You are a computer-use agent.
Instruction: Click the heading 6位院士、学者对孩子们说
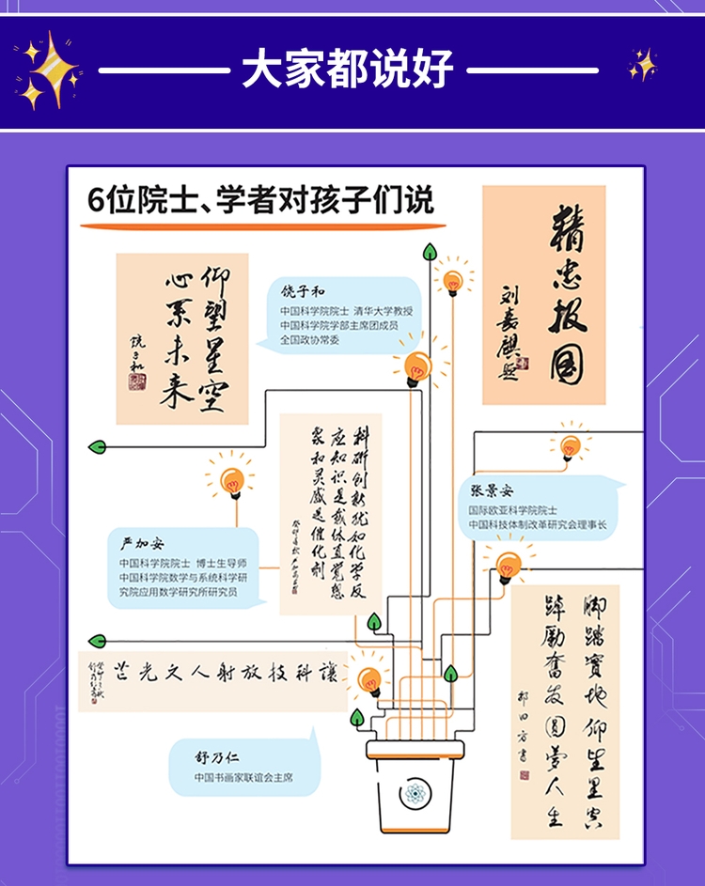click(x=259, y=201)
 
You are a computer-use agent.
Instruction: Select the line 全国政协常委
click(x=311, y=341)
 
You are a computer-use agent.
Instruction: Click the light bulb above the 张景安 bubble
click(x=570, y=445)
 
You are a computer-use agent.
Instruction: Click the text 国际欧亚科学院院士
click(x=511, y=509)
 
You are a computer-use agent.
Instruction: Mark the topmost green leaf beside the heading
click(x=431, y=252)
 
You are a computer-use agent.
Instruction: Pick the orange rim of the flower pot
click(x=415, y=749)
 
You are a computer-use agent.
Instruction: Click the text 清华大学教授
click(x=384, y=311)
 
